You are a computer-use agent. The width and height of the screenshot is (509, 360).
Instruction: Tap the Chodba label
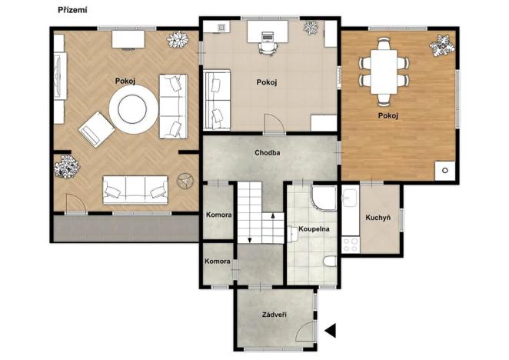coord(267,152)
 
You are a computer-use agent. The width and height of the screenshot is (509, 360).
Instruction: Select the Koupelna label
coord(314,229)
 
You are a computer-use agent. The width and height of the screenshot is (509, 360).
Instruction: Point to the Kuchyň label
coord(378,218)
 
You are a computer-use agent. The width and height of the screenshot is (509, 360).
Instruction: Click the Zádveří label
coord(274,314)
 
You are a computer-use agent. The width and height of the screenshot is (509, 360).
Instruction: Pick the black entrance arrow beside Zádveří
coord(331,331)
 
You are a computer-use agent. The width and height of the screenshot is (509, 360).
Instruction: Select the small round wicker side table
coord(184,181)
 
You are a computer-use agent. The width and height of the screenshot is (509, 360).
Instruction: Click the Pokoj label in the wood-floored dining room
coord(388,116)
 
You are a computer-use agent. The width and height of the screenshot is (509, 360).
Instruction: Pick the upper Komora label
coord(219,215)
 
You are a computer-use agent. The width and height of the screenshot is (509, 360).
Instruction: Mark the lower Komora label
coord(218,262)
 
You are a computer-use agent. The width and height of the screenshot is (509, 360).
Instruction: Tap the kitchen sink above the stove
coord(350,202)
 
